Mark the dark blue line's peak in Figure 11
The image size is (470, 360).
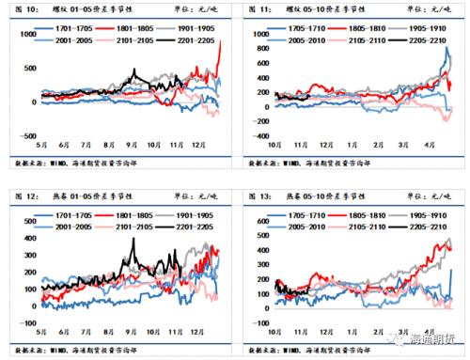[x=445, y=48]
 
